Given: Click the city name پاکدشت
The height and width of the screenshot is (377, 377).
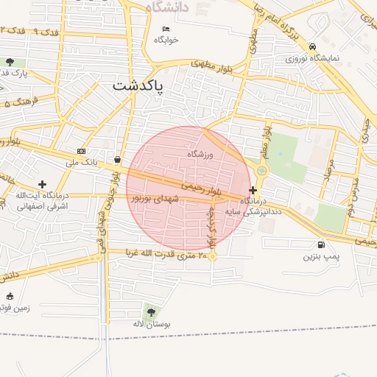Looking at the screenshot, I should coord(139,86).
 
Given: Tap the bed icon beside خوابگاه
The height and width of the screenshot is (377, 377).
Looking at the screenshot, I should coord(166,29).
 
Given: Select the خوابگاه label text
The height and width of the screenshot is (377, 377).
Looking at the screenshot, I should coord(166,40).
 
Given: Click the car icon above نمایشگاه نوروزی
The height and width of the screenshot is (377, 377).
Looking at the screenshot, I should coord(313,46).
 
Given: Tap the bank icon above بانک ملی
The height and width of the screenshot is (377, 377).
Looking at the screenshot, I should coord(81,151).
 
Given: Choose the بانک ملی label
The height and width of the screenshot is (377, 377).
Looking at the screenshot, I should coord(82,161).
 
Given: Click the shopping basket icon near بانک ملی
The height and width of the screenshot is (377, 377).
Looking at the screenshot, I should coord(118,159).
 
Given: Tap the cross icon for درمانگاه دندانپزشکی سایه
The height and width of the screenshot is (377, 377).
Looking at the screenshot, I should coord(253,190).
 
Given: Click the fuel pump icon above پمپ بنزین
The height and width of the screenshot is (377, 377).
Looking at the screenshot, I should coord(321,245).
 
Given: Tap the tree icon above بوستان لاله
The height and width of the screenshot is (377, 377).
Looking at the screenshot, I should coord(152,312).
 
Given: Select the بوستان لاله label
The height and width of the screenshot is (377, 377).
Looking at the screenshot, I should coord(152,323).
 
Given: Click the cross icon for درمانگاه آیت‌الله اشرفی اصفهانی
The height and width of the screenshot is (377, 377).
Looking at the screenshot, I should coord(42,184).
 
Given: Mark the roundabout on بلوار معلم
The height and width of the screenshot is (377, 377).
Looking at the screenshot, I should coord(261,171).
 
